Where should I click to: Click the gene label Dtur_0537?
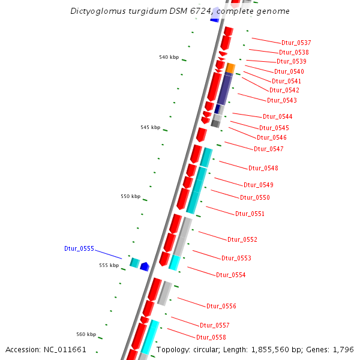[296, 43]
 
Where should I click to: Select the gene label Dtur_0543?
[281, 100]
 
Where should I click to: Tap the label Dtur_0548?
[263, 168]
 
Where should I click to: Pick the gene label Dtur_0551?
[250, 214]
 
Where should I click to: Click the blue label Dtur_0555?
[79, 248]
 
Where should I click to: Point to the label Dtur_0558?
[211, 337]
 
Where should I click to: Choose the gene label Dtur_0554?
[230, 275]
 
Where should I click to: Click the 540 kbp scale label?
[169, 57]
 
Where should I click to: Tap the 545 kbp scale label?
[150, 127]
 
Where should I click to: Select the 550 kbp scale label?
[130, 196]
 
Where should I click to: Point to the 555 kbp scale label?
[109, 265]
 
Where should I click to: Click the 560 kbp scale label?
[86, 334]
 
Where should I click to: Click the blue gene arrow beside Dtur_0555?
[144, 266]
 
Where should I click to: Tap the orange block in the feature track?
[230, 68]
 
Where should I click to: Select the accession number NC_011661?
[66, 349]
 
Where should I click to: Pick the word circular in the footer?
[211, 349]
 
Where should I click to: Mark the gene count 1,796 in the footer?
[343, 349]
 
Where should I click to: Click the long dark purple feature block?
[224, 89]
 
